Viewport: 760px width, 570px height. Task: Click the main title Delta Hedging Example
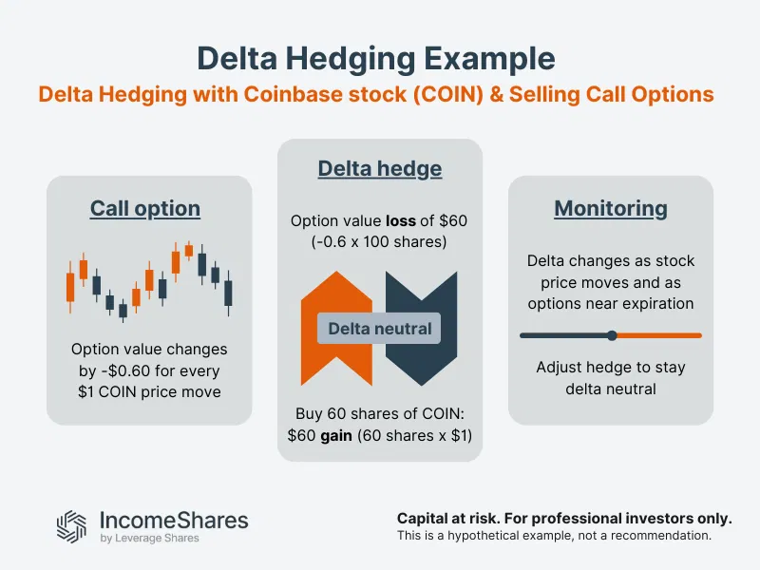coord(375,58)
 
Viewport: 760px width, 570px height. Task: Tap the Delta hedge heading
coord(379,169)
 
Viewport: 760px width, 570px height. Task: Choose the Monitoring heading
coord(611,208)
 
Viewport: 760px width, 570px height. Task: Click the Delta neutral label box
coord(379,330)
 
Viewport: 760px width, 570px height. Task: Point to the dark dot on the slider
coord(612,335)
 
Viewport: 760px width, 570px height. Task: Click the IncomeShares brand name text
coord(174,520)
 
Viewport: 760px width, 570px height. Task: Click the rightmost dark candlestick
coord(228,292)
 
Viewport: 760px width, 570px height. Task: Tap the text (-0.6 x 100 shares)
coord(379,240)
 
